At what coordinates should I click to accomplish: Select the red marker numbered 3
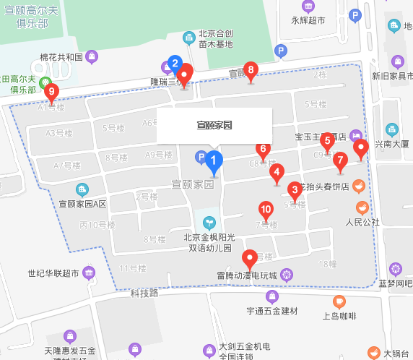pos(295,191)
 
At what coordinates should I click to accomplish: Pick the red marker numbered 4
pos(277,173)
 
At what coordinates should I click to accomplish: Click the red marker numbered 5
pos(327,140)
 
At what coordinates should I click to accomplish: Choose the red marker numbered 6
pos(263,150)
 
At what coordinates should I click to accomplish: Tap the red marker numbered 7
pos(341,160)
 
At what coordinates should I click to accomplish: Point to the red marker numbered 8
pos(251,70)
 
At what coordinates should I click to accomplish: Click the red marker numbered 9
pos(51,93)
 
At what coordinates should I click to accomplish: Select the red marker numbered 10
pos(266,210)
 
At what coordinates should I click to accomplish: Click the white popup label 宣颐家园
pos(214,126)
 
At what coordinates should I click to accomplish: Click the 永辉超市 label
pos(308,20)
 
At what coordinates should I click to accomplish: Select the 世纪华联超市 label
pos(53,273)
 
